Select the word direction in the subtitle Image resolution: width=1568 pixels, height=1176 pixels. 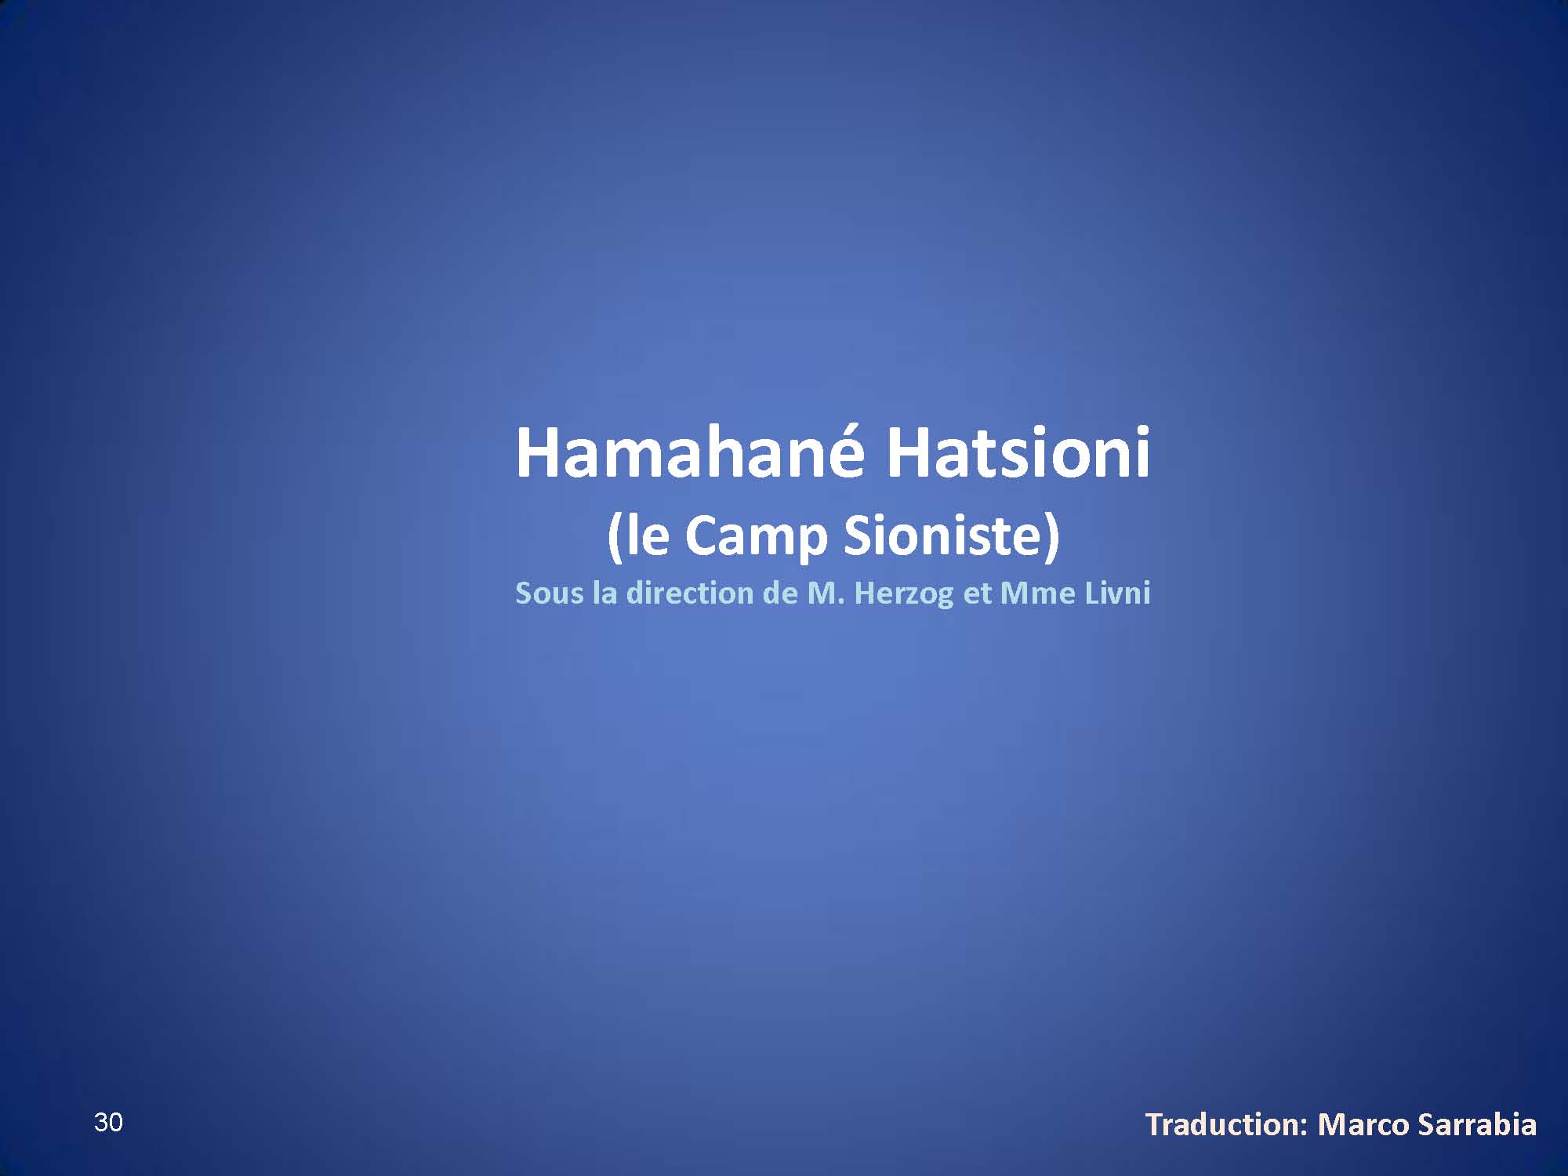[691, 593]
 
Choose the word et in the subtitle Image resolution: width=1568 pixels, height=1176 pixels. [977, 594]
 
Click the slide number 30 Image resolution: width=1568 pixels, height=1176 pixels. [108, 1123]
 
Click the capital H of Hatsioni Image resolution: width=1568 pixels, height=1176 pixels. [907, 452]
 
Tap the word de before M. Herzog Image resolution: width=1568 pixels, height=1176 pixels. [781, 593]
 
